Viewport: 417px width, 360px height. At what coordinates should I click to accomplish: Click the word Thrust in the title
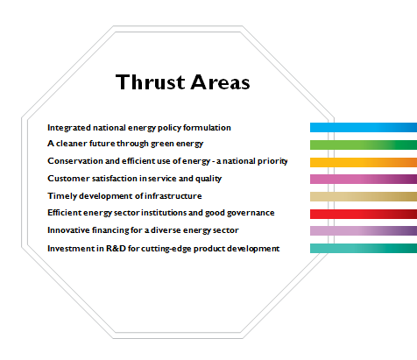tap(151, 81)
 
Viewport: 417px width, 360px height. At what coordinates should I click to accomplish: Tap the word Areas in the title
tap(220, 82)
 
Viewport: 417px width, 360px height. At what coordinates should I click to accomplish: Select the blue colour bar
tap(364, 128)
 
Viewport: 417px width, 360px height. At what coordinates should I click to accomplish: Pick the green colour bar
tap(364, 145)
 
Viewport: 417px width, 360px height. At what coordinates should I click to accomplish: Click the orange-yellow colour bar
tap(364, 162)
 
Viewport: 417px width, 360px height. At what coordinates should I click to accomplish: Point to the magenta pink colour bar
tap(364, 179)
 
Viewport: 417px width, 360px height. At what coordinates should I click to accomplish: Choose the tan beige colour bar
tap(364, 196)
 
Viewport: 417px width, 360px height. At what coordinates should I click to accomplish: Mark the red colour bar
tap(364, 214)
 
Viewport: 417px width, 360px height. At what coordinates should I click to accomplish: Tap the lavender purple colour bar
tap(364, 230)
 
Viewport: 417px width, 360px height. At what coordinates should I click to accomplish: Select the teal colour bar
tap(364, 248)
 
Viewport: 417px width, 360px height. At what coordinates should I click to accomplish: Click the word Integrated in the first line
tap(69, 128)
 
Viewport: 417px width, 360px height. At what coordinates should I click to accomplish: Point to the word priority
tap(272, 161)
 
